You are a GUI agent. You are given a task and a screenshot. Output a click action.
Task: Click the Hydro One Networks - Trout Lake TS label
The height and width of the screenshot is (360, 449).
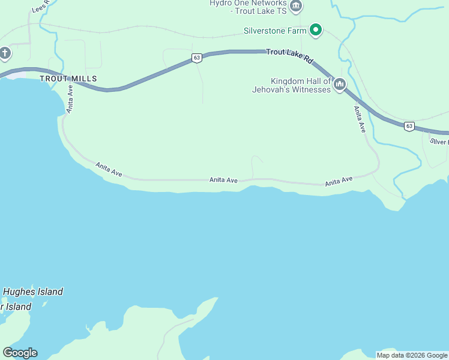tap(248, 7)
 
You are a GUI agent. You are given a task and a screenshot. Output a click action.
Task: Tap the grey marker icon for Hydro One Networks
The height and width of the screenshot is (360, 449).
tap(295, 7)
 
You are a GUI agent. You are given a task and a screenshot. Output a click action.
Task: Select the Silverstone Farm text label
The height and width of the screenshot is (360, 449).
tap(275, 31)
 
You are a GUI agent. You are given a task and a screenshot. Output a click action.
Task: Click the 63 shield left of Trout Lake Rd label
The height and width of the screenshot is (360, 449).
tap(197, 58)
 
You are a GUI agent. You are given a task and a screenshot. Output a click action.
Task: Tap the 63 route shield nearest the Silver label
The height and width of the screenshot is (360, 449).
tap(409, 126)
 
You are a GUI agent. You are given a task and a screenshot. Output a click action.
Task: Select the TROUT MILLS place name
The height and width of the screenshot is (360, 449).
tap(68, 79)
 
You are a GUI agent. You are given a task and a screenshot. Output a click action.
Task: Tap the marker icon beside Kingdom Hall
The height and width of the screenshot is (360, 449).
tap(340, 85)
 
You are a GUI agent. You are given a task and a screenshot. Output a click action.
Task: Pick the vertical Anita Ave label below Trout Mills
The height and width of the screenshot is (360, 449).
tap(70, 99)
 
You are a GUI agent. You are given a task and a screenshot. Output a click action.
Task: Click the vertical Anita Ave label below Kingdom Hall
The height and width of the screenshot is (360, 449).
tap(359, 119)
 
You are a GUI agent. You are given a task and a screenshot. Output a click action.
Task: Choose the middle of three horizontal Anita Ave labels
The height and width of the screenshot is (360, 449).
tap(223, 179)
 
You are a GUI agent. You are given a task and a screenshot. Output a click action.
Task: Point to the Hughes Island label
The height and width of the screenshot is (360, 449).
tap(33, 292)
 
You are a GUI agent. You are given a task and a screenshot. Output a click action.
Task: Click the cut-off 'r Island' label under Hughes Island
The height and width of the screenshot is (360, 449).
tap(16, 307)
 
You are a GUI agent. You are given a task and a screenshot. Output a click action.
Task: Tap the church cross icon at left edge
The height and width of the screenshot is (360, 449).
tap(5, 53)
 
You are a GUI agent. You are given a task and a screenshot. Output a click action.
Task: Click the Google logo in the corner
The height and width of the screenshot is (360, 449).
tap(20, 352)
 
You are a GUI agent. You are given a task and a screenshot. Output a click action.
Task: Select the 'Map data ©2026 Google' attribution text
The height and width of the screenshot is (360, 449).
tap(412, 355)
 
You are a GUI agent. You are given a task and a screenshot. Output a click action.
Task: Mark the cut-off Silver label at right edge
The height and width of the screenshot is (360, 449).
tap(439, 142)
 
